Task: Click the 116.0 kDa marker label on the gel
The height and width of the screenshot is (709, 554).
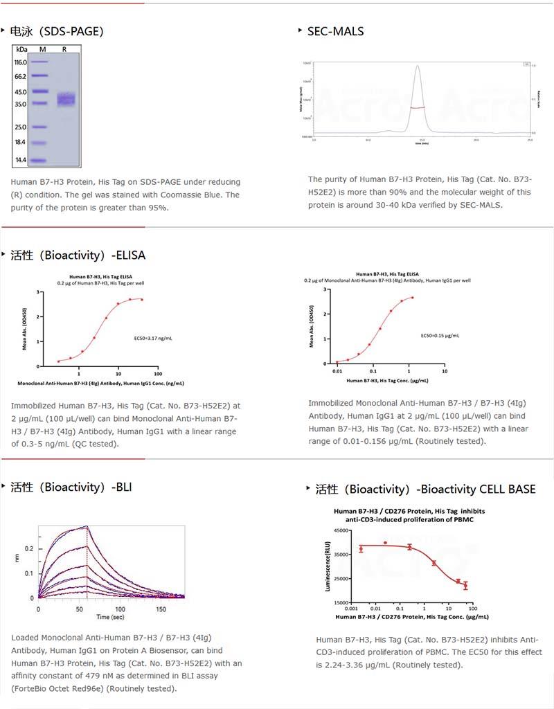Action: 20,62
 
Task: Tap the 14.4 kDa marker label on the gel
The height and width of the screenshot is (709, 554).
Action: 21,160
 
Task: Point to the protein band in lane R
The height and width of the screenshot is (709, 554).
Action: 65,99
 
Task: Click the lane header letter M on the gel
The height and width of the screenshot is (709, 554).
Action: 42,49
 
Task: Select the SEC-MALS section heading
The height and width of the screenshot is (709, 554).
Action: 335,31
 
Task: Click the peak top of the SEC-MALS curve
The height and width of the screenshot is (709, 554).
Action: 418,66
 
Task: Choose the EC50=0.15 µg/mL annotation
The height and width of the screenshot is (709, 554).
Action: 440,336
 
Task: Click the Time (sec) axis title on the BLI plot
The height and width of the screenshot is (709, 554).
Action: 110,616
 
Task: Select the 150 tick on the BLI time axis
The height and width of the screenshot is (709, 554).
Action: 160,608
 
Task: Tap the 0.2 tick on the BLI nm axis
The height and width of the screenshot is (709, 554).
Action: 28,548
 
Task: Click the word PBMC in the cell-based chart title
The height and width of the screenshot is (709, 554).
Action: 461,520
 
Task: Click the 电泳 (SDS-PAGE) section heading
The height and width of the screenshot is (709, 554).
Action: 57,31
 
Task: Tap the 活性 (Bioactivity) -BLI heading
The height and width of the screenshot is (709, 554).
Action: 71,487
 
